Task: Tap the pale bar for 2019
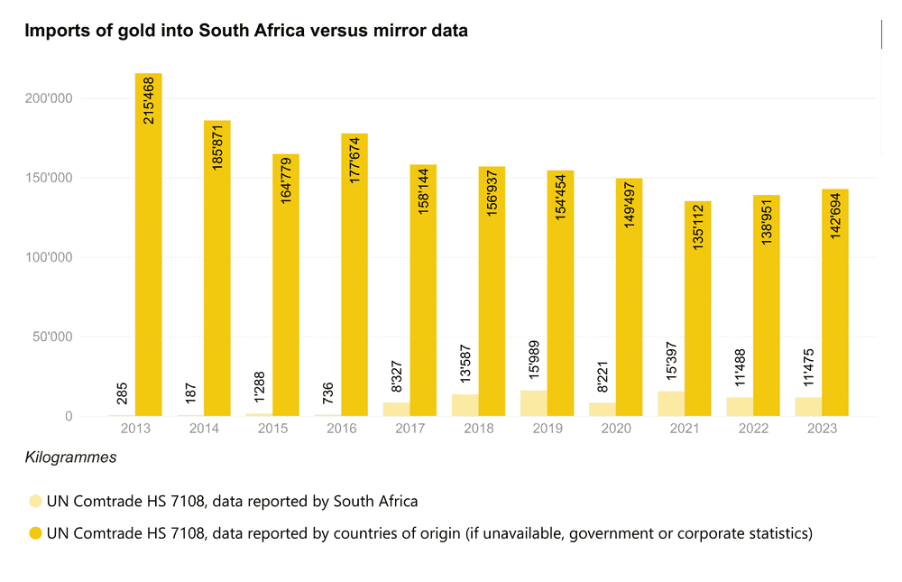(x=533, y=403)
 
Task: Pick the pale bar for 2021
(x=670, y=403)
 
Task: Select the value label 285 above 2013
(x=122, y=393)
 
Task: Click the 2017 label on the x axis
(x=410, y=429)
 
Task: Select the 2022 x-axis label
(x=753, y=429)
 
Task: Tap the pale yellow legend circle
(x=35, y=502)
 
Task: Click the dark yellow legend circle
(x=35, y=533)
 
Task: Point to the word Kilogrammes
(x=71, y=457)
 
